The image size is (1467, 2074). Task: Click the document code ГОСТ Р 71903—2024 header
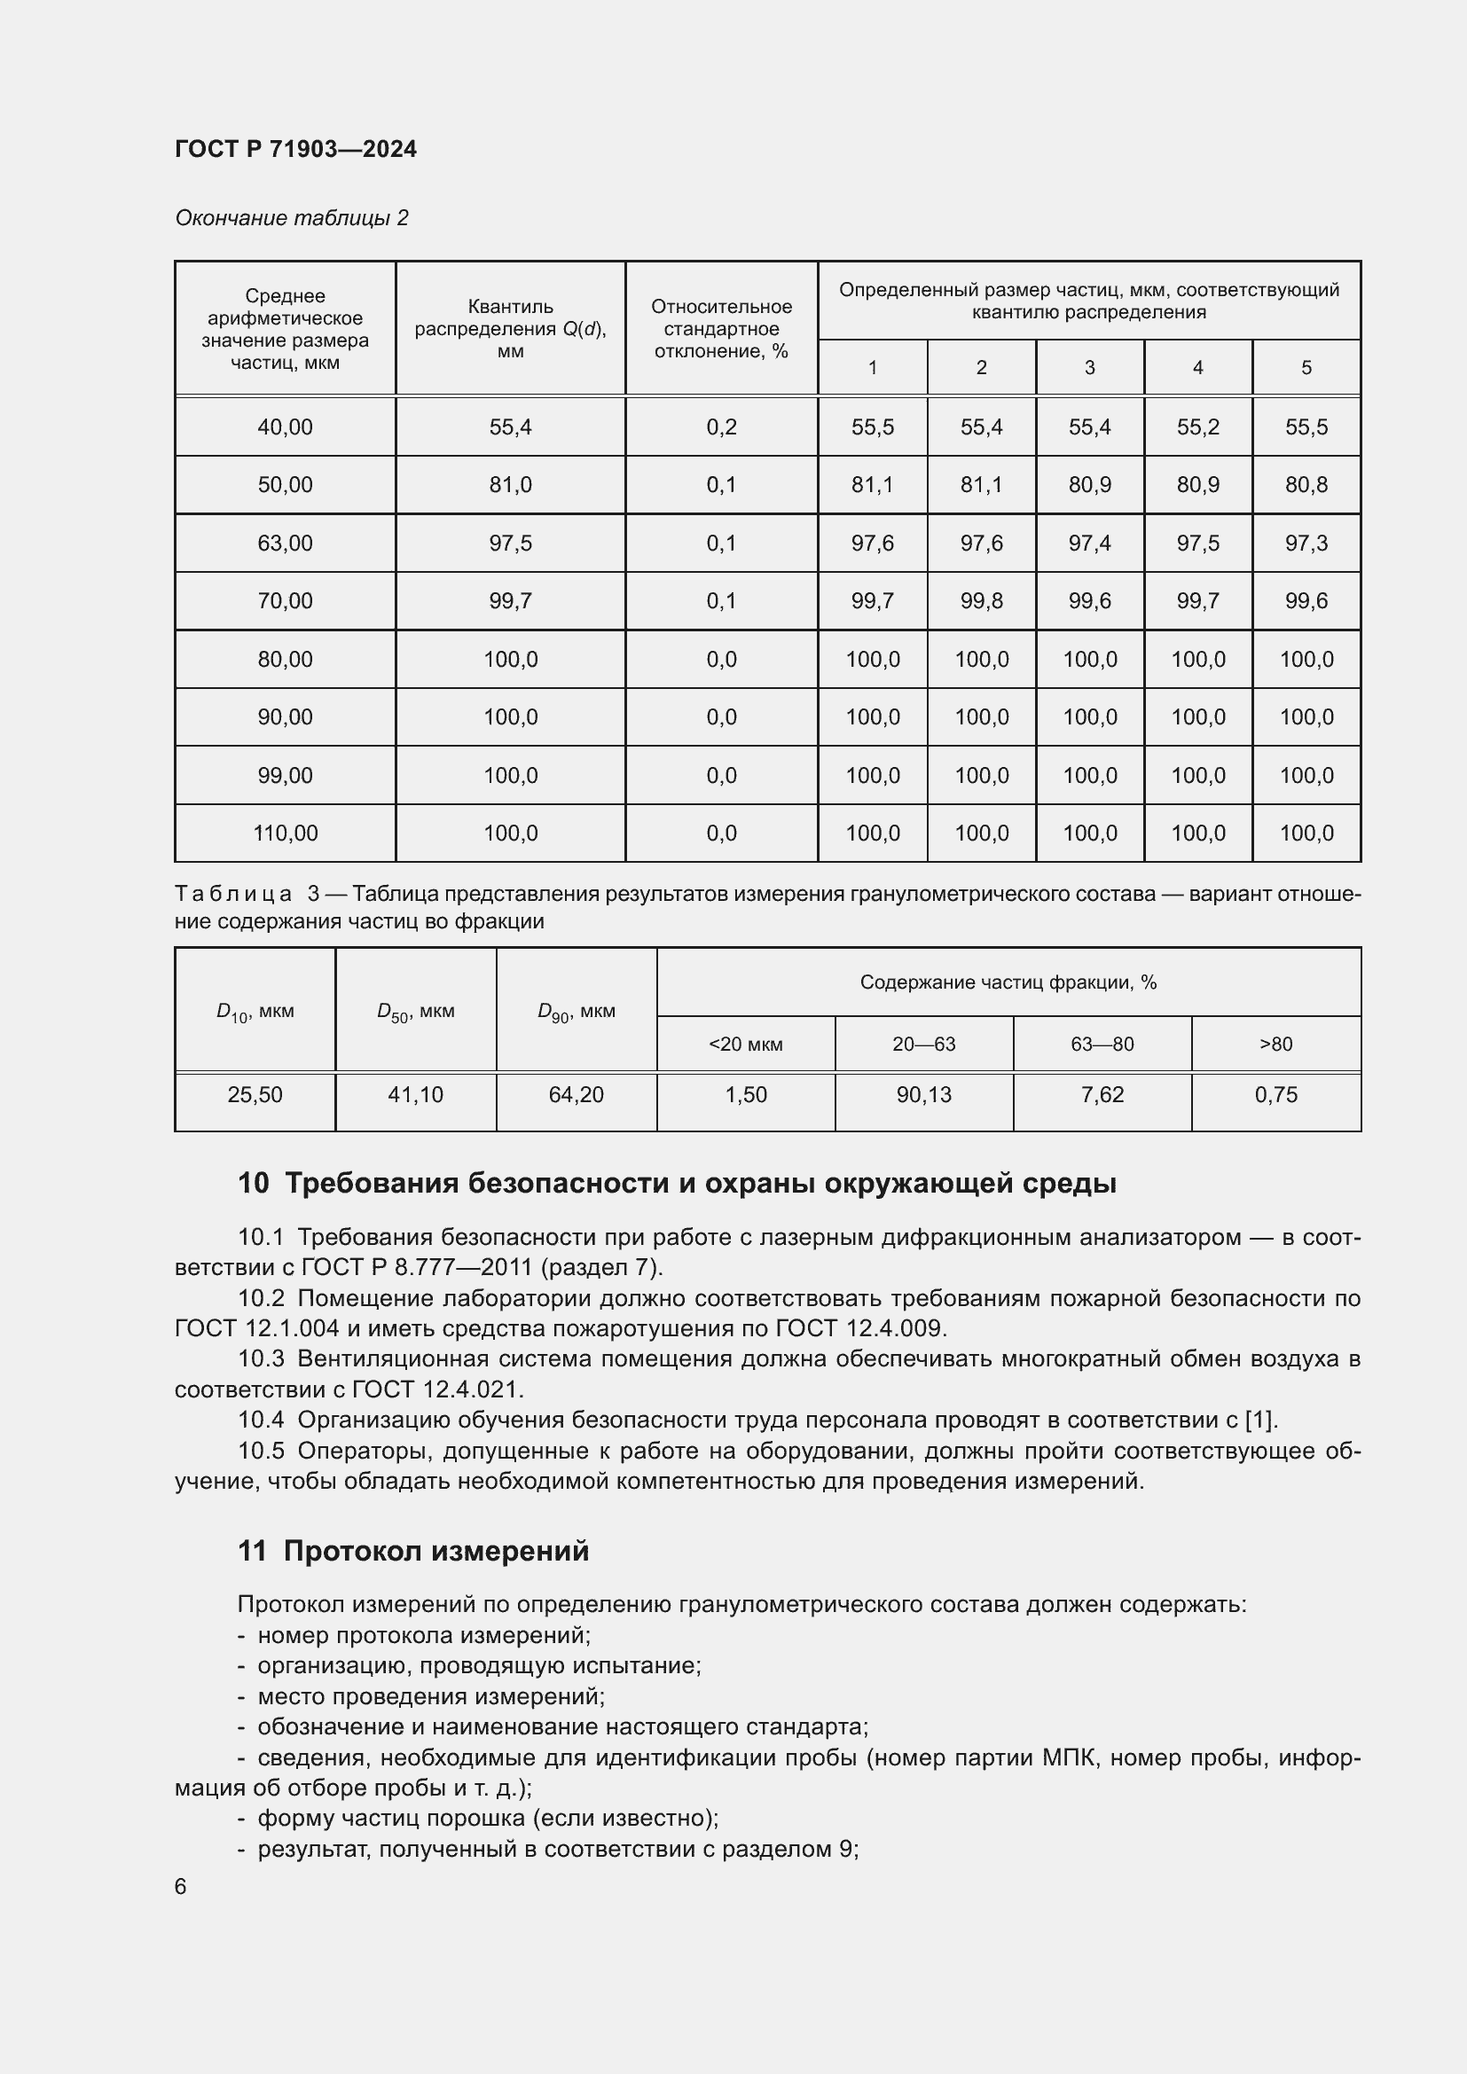tap(295, 149)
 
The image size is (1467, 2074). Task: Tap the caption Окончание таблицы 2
tap(291, 218)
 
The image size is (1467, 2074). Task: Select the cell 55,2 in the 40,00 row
tap(1196, 427)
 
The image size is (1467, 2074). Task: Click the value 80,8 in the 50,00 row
tap(1306, 485)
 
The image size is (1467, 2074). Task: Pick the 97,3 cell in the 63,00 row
tap(1306, 543)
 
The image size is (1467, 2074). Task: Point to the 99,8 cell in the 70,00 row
tap(981, 600)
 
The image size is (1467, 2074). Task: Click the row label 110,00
tap(285, 833)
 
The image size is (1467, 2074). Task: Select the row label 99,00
tap(285, 775)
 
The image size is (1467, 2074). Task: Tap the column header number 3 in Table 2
tap(1089, 368)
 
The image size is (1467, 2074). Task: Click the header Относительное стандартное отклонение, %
tap(721, 329)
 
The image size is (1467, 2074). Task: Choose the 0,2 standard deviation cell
tap(721, 427)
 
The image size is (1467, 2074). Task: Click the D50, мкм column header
tap(415, 1012)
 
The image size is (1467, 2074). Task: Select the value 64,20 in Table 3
tap(576, 1095)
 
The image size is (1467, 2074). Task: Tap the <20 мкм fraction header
tap(745, 1045)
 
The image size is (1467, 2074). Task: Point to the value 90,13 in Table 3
tap(923, 1095)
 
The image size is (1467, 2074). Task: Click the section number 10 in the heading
tap(253, 1184)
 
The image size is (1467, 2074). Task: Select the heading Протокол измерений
tap(436, 1551)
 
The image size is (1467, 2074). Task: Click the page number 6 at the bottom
tap(181, 1887)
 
